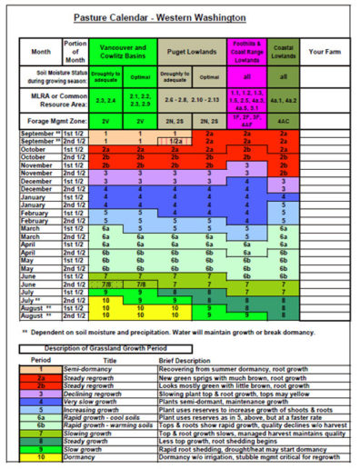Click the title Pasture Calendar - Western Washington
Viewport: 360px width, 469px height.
(x=180, y=16)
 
